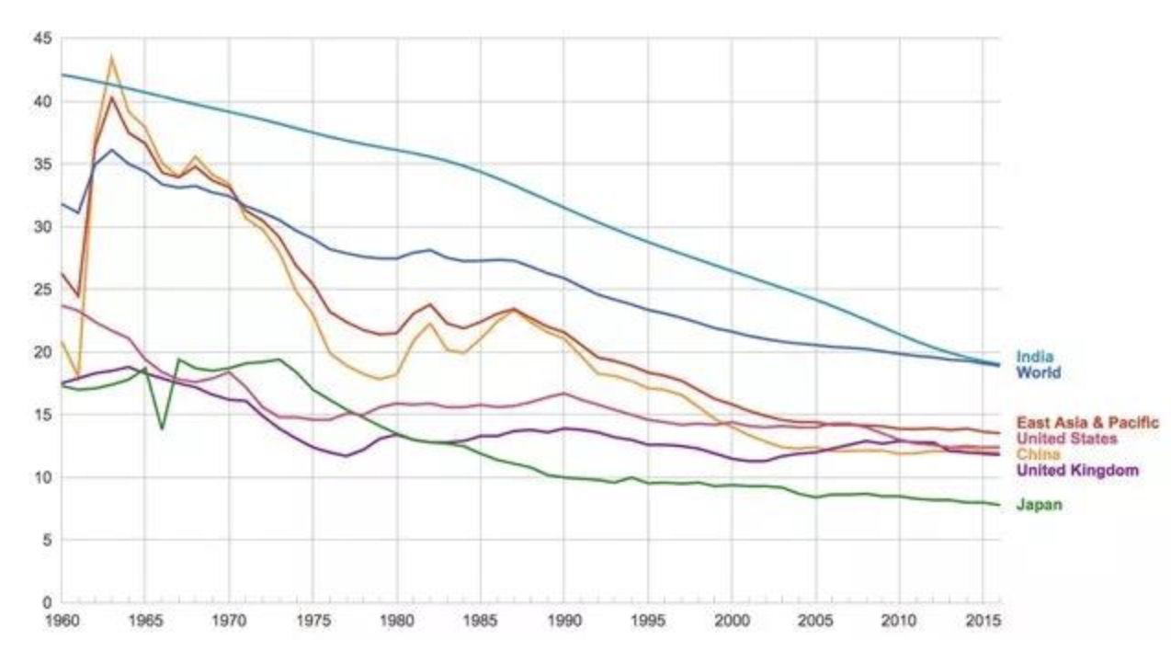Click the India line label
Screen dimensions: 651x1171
pos(1034,357)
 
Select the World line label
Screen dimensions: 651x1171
pos(1038,372)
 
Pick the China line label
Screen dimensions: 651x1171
pos(1038,454)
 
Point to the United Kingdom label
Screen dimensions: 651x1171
pos(1077,471)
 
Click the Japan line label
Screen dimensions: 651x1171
pos(1039,504)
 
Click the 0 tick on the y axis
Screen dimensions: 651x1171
pos(47,603)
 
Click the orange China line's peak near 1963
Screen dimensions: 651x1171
pos(111,57)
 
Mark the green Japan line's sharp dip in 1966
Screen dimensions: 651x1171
pos(162,428)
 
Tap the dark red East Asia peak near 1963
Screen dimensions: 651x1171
pos(111,97)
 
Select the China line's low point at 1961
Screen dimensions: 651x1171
pos(78,375)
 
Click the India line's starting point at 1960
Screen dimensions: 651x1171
pos(62,74)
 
